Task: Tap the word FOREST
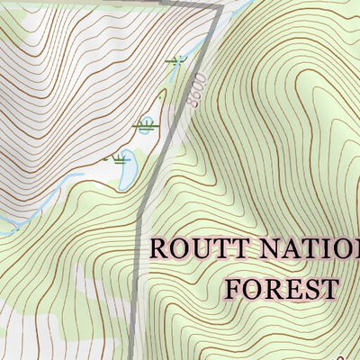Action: tap(281, 290)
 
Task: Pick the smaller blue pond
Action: tap(144, 127)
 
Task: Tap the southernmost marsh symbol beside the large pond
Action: tap(115, 159)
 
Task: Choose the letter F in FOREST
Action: tap(233, 290)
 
